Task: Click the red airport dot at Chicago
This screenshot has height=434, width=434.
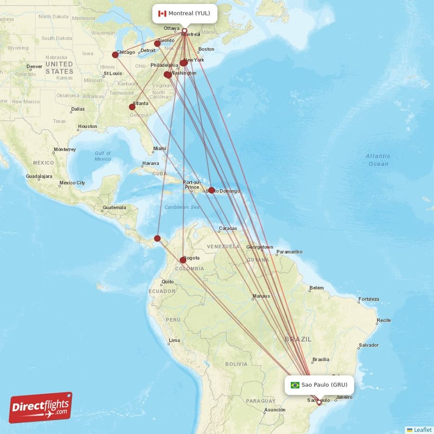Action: pyautogui.click(x=115, y=55)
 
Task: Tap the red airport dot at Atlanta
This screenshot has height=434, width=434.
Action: pyautogui.click(x=132, y=107)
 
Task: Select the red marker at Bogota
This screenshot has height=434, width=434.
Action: pyautogui.click(x=183, y=260)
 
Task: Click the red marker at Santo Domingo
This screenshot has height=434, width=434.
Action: pyautogui.click(x=212, y=190)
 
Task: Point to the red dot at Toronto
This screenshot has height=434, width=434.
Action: pyautogui.click(x=157, y=44)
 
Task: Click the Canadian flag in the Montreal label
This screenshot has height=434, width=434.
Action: pyautogui.click(x=162, y=13)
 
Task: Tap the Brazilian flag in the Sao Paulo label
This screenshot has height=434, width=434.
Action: pyautogui.click(x=295, y=385)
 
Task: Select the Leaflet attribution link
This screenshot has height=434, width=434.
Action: pyautogui.click(x=419, y=430)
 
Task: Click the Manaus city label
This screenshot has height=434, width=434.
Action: pyautogui.click(x=261, y=297)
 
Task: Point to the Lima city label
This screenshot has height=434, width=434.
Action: pyautogui.click(x=175, y=341)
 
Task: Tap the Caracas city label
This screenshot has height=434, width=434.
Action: pyautogui.click(x=228, y=228)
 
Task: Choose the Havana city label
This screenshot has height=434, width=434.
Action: pyautogui.click(x=150, y=163)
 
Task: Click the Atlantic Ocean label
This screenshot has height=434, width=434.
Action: pyautogui.click(x=378, y=159)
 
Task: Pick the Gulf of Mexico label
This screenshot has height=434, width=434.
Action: pyautogui.click(x=103, y=156)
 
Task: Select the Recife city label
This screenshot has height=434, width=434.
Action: pyautogui.click(x=384, y=320)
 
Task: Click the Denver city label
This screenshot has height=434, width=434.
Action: pyautogui.click(x=35, y=67)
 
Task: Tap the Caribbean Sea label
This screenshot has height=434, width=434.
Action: pyautogui.click(x=182, y=207)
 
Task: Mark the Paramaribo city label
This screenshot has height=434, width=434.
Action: pyautogui.click(x=289, y=252)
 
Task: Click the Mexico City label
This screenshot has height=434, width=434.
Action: pyautogui.click(x=72, y=183)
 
